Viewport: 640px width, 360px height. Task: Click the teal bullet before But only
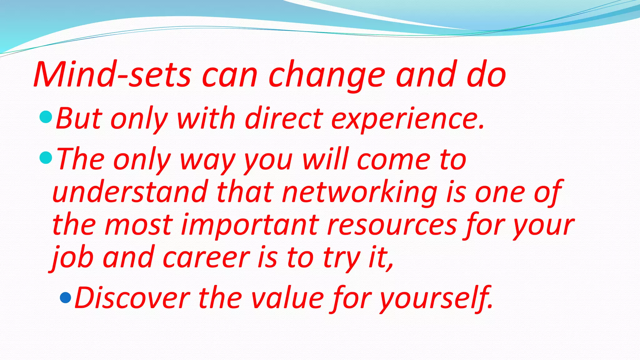(x=46, y=117)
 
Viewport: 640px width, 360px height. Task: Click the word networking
(x=359, y=192)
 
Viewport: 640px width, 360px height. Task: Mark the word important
(x=250, y=225)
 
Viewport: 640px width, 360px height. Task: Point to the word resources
(x=392, y=225)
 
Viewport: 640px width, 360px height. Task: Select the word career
(x=206, y=258)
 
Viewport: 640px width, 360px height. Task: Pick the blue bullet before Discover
(x=65, y=297)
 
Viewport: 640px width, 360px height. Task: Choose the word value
(x=287, y=298)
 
